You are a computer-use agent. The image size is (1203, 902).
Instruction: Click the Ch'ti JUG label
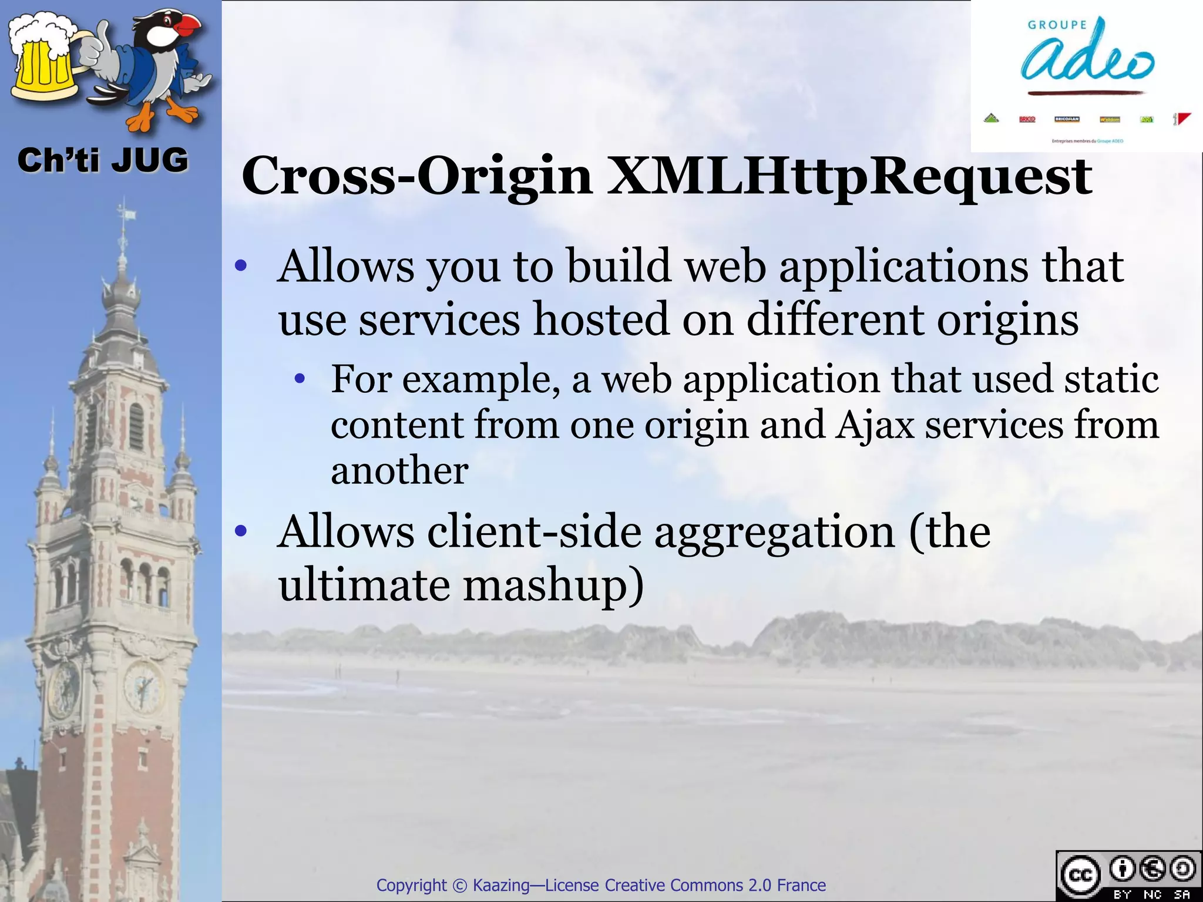point(103,160)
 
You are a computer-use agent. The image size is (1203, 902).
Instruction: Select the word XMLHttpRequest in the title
point(849,176)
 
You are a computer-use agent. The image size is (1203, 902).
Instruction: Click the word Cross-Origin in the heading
point(417,176)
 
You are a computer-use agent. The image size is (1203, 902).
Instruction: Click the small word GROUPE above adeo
point(1057,25)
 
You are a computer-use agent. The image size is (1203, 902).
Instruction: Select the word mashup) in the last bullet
point(553,585)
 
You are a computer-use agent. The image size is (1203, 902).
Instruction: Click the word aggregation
point(774,532)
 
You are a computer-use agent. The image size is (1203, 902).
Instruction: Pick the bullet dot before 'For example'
point(300,379)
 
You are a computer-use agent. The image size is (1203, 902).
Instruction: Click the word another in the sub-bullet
point(399,470)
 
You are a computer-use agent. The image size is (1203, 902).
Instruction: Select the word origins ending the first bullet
point(1007,321)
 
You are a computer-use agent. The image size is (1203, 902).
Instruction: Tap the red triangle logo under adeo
point(1184,119)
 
